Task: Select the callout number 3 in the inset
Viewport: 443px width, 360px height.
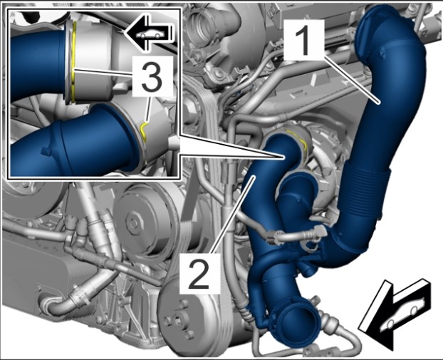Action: point(152,76)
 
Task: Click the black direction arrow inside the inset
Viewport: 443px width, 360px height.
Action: point(148,34)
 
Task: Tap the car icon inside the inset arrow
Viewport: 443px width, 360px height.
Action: point(150,34)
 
